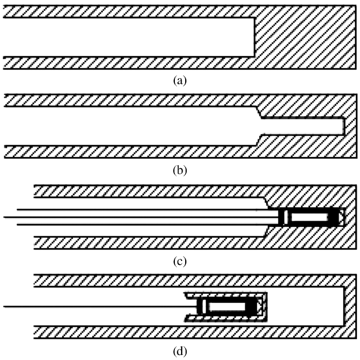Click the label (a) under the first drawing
pos(179,80)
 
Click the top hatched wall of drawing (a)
pos(129,12)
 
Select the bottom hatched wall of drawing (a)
pos(129,63)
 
